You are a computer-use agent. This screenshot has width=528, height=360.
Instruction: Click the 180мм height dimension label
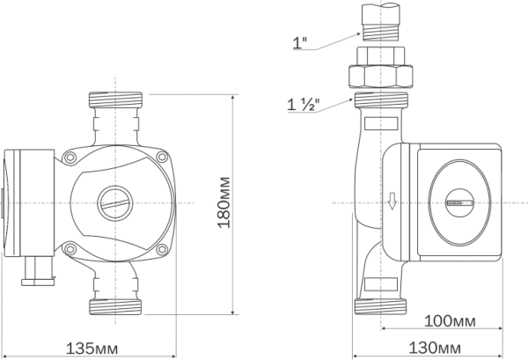click(x=224, y=202)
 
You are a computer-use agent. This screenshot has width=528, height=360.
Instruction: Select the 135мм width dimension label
click(x=92, y=349)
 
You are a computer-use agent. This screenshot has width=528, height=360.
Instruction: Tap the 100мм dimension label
click(x=450, y=321)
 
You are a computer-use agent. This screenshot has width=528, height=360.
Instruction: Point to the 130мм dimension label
click(x=435, y=348)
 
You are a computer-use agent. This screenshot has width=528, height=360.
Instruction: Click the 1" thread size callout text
click(x=300, y=43)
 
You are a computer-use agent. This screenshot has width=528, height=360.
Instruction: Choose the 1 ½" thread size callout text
click(x=303, y=105)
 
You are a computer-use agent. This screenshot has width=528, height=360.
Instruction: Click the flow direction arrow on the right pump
click(x=392, y=201)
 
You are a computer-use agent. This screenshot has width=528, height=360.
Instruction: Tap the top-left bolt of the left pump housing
click(x=70, y=157)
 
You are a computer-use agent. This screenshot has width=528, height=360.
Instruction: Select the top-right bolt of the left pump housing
click(x=162, y=157)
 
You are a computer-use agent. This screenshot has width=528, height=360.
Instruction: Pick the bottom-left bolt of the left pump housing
click(x=70, y=249)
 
